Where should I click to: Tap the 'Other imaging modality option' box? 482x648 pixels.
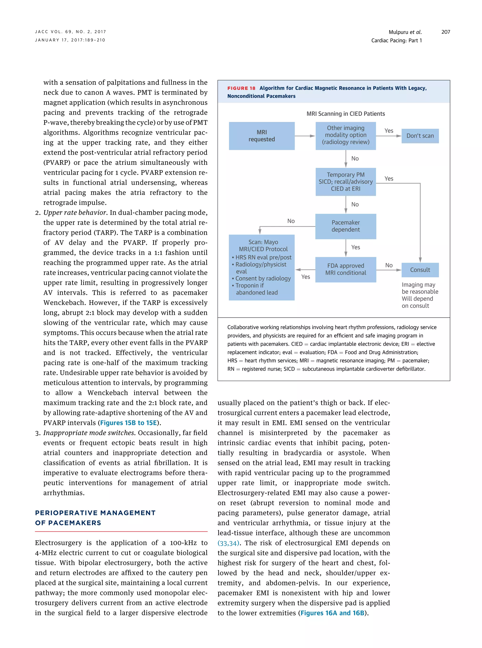coord(345,135)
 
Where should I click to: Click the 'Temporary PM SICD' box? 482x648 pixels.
coord(345,182)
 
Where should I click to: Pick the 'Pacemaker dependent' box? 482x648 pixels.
coord(345,226)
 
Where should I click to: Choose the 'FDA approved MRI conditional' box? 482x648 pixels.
coord(345,269)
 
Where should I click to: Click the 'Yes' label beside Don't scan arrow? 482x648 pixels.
coord(389,131)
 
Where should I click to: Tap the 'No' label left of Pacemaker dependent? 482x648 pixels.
coord(291,221)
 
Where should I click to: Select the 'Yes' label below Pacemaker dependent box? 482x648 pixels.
coord(355,247)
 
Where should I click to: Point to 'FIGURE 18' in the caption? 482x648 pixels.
coord(241,88)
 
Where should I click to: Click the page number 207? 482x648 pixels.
coord(446,32)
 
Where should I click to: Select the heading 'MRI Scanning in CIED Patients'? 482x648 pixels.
coord(345,114)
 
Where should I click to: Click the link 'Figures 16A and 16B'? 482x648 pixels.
coord(332,613)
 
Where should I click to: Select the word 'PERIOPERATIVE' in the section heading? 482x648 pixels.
coord(66,513)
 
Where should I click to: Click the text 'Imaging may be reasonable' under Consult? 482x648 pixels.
coord(420,288)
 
